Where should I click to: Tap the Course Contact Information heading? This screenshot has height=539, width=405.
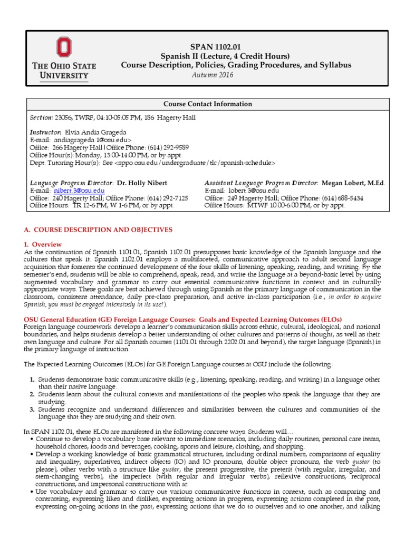click(x=207, y=104)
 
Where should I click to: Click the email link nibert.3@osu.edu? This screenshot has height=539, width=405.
click(x=79, y=190)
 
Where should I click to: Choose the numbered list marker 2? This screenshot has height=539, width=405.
click(x=32, y=395)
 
